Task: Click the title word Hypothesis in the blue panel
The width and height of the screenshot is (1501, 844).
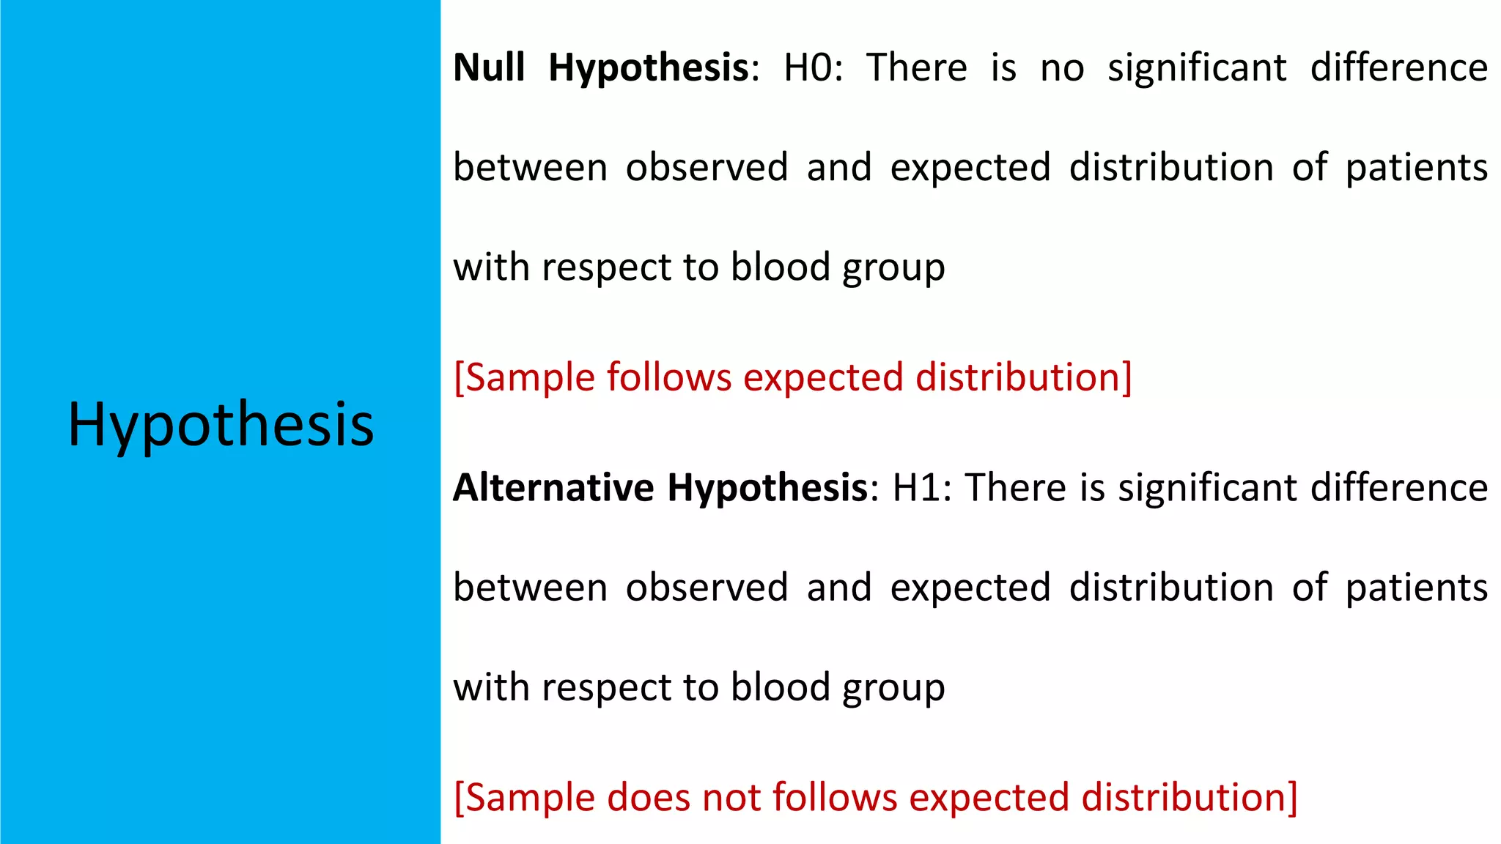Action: click(x=221, y=425)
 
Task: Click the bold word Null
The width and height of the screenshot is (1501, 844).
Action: click(x=489, y=67)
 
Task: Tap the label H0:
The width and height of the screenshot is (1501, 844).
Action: click(x=813, y=67)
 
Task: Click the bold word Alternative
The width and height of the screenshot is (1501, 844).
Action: click(x=553, y=488)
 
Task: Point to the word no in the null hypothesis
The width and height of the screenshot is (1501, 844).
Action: click(x=1062, y=69)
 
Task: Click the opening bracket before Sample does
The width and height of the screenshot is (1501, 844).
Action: click(x=459, y=798)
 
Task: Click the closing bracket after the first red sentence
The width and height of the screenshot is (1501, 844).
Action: click(x=1126, y=378)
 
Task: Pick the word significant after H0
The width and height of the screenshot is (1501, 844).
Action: click(x=1196, y=69)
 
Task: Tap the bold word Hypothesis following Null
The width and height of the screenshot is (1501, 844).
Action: click(x=648, y=69)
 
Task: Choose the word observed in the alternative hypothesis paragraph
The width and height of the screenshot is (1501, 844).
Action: click(x=707, y=588)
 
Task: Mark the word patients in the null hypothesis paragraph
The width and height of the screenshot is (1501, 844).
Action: click(x=1416, y=168)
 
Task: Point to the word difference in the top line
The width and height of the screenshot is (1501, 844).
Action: click(x=1398, y=67)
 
